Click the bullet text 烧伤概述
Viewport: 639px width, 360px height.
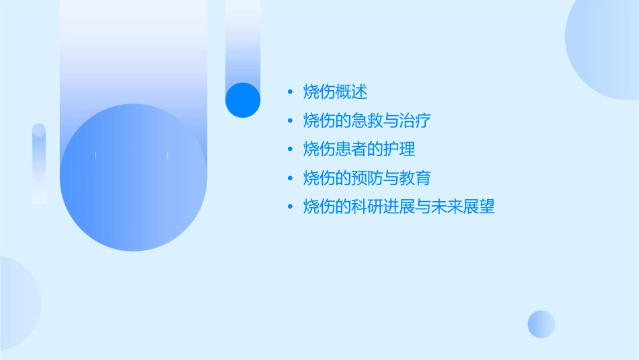[335, 92]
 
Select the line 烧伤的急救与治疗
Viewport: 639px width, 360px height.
[367, 121]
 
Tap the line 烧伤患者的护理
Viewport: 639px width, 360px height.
[359, 149]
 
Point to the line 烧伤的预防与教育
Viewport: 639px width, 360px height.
[367, 178]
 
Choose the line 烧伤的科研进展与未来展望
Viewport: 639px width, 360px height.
[399, 207]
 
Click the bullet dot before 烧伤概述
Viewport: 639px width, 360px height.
[290, 92]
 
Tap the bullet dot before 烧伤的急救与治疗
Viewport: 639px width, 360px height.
[290, 121]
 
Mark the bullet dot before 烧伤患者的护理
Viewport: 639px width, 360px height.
[290, 149]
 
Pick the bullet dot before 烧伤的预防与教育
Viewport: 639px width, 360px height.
[290, 178]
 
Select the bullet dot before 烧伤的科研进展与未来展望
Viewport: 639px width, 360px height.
[290, 207]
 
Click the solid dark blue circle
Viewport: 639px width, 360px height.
[242, 100]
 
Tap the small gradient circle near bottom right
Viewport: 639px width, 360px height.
[541, 324]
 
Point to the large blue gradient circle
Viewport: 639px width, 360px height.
[133, 178]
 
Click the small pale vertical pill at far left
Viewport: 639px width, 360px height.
[39, 164]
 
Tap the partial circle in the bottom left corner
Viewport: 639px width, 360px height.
[17, 303]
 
